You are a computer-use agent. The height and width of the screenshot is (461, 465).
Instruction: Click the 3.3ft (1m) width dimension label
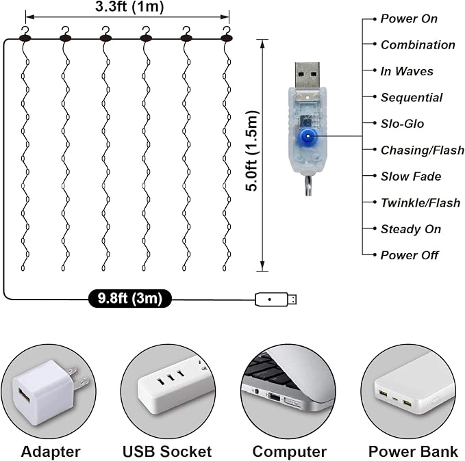(129, 7)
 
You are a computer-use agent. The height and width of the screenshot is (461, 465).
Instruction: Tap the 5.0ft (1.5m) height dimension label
(253, 150)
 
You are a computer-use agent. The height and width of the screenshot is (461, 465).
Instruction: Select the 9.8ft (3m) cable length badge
(130, 298)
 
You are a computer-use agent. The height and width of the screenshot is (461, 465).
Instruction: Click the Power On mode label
(409, 18)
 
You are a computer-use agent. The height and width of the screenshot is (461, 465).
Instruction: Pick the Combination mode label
(418, 45)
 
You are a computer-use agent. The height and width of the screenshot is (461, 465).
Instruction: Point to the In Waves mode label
(407, 71)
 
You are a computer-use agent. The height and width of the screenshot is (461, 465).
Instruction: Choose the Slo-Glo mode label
(403, 124)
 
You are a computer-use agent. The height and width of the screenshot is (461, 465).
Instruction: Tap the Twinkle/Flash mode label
(420, 203)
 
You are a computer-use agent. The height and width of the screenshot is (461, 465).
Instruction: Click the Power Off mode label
(410, 255)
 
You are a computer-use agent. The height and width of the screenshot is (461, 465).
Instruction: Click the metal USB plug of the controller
(307, 75)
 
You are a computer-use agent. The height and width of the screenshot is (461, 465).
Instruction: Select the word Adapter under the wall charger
(51, 452)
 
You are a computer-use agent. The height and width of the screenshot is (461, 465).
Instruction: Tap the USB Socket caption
(167, 452)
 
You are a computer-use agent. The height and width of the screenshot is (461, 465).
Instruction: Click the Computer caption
(290, 452)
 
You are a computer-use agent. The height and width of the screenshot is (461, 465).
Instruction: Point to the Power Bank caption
(413, 452)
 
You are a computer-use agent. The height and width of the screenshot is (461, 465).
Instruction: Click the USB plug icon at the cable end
(276, 299)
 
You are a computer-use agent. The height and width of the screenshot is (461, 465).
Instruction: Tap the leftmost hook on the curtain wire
(25, 34)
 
